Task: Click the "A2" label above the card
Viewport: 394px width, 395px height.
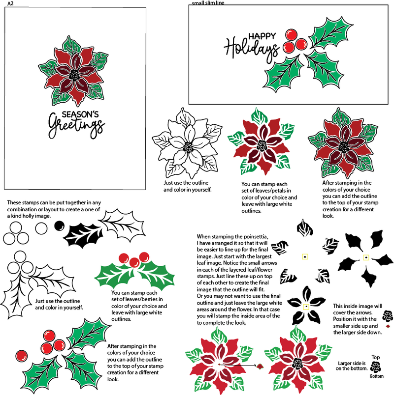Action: coord(10,3)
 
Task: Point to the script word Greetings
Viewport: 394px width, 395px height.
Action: coord(76,127)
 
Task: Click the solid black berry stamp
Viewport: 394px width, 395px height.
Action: coord(59,226)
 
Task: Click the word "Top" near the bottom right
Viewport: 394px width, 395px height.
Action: coord(376,358)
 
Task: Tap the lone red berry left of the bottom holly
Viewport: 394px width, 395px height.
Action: coord(22,354)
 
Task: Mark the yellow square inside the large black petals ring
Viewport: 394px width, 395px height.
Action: coord(366,257)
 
